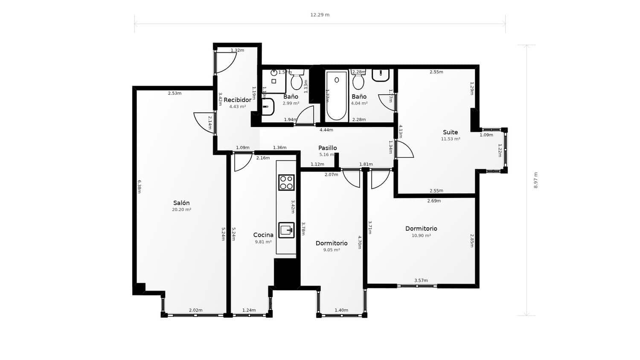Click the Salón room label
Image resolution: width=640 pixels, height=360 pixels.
181,203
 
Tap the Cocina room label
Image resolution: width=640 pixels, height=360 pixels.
263,235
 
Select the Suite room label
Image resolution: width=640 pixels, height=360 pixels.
450,132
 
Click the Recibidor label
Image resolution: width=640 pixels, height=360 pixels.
237,100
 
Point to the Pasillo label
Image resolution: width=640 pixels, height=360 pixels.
327,148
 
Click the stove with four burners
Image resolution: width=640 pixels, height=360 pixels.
286,182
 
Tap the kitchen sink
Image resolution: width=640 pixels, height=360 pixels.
286,230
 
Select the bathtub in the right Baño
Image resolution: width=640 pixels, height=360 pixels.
337,96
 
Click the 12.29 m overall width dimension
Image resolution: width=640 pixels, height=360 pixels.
320,15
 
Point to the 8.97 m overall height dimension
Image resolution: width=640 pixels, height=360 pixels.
536,180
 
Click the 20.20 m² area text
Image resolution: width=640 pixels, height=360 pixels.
181,210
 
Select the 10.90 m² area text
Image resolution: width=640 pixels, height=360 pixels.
421,235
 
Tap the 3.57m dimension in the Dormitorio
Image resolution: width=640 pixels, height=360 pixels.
421,280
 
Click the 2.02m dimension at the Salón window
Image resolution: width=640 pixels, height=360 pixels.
195,310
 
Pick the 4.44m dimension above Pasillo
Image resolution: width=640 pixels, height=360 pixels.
326,130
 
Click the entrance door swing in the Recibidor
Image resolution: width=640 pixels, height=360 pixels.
225,61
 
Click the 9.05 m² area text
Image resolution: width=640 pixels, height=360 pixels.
331,250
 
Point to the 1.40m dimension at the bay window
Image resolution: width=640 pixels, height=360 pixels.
341,310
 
